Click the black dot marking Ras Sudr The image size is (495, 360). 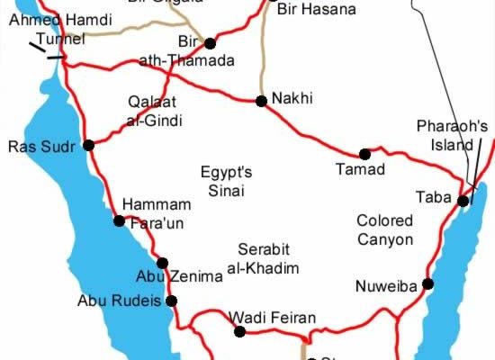click(x=88, y=145)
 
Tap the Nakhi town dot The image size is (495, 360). click(x=261, y=102)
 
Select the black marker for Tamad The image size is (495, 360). click(x=364, y=154)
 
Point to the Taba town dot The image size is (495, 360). click(x=463, y=201)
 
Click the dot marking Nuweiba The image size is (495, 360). click(x=427, y=284)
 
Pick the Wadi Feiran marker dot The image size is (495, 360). click(x=239, y=331)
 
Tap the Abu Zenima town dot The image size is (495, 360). click(x=162, y=264)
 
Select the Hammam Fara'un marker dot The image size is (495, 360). click(x=118, y=220)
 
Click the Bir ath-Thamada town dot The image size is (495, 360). click(x=210, y=42)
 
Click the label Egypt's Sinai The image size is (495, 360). click(x=225, y=180)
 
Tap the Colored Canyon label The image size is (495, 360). click(x=384, y=229)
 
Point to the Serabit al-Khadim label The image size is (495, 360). click(x=268, y=257)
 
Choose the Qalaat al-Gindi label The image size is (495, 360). click(x=156, y=111)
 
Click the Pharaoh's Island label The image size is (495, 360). click(x=451, y=134)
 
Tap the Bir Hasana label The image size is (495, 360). click(x=317, y=10)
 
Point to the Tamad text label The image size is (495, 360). click(x=360, y=168)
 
